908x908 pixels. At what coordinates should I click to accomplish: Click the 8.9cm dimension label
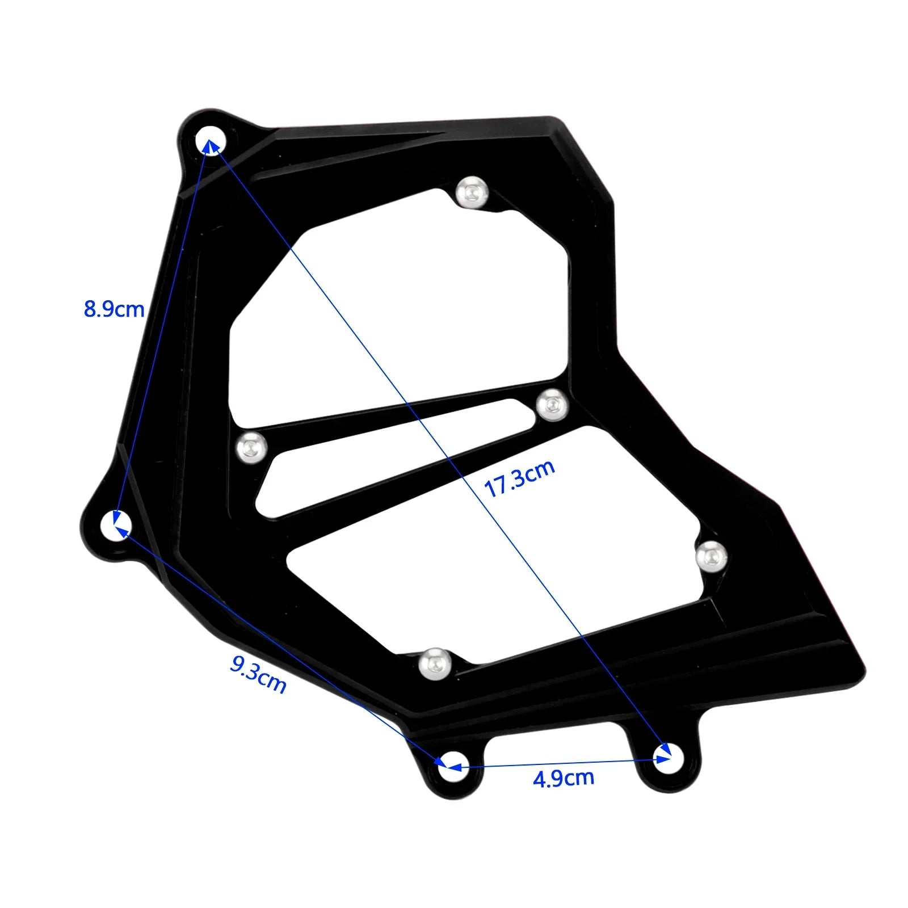coord(114,309)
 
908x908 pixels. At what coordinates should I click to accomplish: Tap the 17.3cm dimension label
coord(519,479)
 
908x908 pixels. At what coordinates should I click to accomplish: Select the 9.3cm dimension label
coord(258,674)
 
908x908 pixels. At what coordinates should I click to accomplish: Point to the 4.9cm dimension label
coord(564,778)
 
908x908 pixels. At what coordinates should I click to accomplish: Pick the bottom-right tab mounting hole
coord(669,758)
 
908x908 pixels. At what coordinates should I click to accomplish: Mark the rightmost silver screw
coord(711,556)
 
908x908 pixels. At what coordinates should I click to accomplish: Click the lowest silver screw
coord(435,663)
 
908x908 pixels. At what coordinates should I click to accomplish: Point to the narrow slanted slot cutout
coord(397,457)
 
